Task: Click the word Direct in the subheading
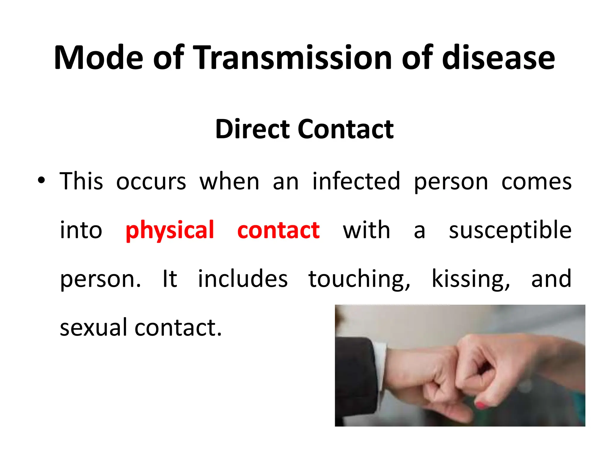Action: click(252, 129)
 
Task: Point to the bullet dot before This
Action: click(41, 180)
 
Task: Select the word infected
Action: click(356, 181)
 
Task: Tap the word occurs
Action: click(151, 181)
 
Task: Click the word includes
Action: click(243, 279)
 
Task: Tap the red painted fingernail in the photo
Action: click(480, 405)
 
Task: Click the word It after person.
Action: click(170, 279)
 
